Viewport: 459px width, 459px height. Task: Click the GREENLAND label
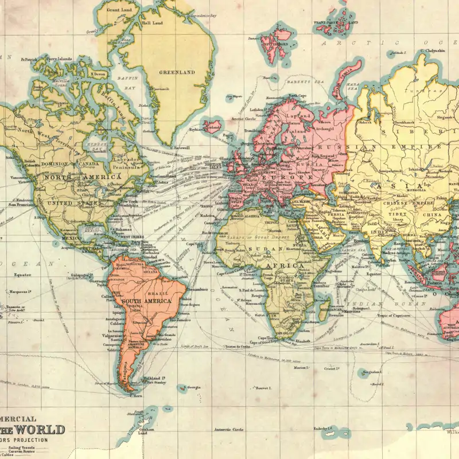pos(177,73)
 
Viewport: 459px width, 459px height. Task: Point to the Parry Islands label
pos(60,59)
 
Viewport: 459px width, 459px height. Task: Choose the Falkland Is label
pos(155,379)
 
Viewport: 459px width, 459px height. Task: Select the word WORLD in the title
pos(40,429)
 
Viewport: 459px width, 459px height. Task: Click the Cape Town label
pos(267,337)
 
